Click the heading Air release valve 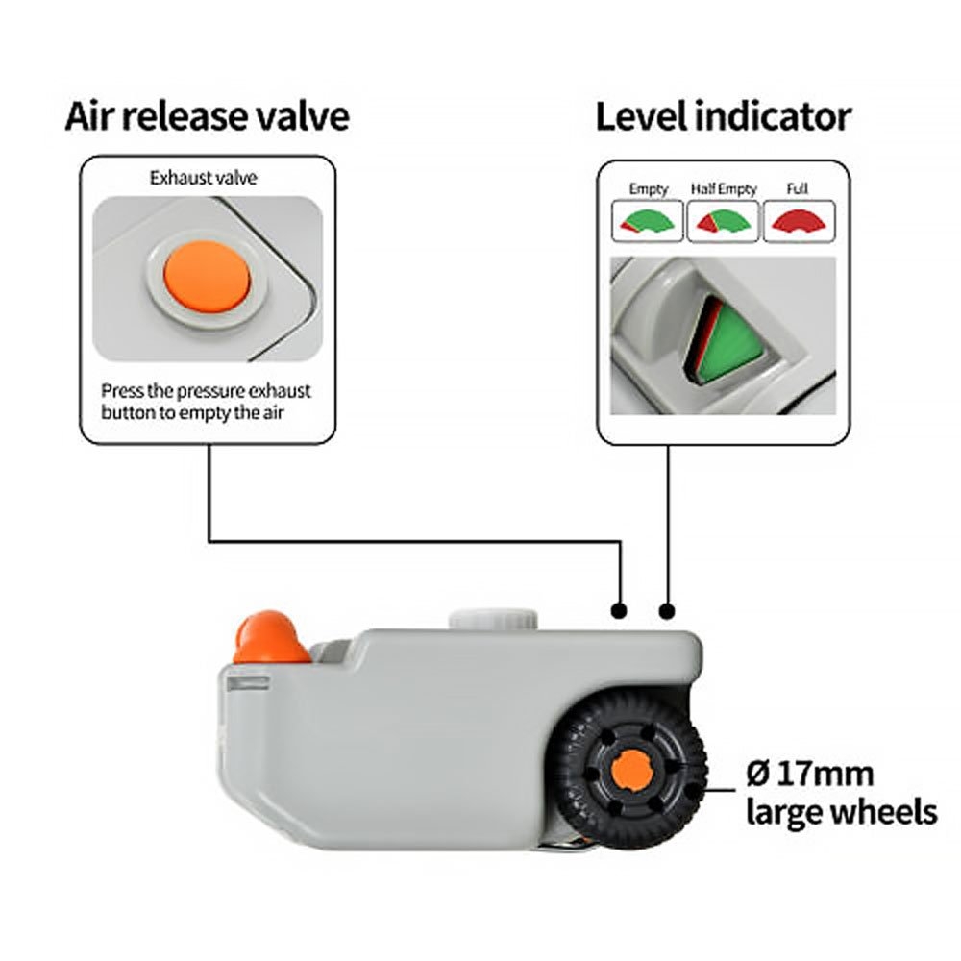point(207,117)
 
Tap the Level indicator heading point(723,117)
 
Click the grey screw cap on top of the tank point(491,618)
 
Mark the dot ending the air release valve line point(620,610)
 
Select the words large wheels point(841,812)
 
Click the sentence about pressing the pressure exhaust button point(206,402)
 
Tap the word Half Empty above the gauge point(723,189)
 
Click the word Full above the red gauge point(798,189)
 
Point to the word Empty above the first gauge point(648,189)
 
